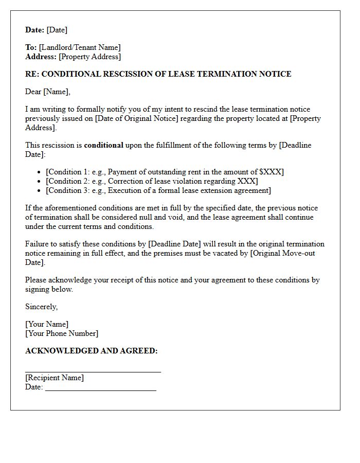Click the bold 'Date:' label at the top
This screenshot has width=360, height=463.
point(35,30)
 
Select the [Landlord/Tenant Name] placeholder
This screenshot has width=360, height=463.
point(80,47)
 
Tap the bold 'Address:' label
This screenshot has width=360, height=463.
point(41,57)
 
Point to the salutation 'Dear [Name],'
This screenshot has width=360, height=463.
point(48,92)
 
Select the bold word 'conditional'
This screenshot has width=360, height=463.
point(103,145)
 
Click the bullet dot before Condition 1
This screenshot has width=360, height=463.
point(40,172)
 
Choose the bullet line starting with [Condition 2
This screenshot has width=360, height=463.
point(152,181)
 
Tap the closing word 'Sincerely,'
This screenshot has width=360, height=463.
point(42,307)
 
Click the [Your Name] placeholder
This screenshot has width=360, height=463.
point(47,324)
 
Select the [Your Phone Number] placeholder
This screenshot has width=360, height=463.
point(62,333)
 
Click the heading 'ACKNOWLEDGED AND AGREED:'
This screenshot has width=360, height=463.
point(92,351)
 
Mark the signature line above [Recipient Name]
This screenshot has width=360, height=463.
point(93,371)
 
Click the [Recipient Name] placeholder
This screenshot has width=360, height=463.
point(55,378)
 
